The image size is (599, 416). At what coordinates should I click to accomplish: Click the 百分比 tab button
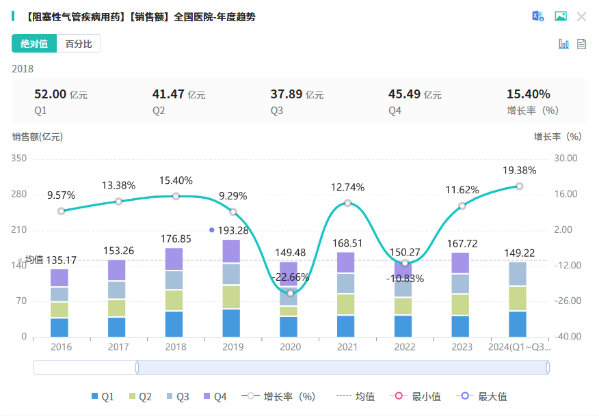click(79, 44)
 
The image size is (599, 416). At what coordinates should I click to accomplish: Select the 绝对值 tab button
click(34, 44)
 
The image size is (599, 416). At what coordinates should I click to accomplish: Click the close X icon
click(581, 16)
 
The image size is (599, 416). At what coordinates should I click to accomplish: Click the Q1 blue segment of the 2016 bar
click(59, 327)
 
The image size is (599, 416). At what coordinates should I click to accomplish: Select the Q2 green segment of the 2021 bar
click(347, 304)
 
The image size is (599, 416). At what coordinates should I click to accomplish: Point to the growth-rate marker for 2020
click(291, 293)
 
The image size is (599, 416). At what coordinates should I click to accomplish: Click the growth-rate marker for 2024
click(520, 186)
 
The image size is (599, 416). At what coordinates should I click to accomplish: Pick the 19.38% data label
click(519, 170)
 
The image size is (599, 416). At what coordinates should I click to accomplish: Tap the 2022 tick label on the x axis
click(405, 347)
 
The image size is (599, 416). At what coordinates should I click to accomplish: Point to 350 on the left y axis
click(19, 158)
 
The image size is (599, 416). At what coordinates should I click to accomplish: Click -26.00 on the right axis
click(565, 301)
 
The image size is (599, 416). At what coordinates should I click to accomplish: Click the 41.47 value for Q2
click(168, 94)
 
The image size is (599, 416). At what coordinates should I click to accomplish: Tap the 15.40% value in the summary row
click(528, 94)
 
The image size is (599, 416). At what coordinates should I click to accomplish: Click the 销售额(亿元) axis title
click(38, 137)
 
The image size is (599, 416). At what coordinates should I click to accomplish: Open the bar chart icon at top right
click(564, 44)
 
